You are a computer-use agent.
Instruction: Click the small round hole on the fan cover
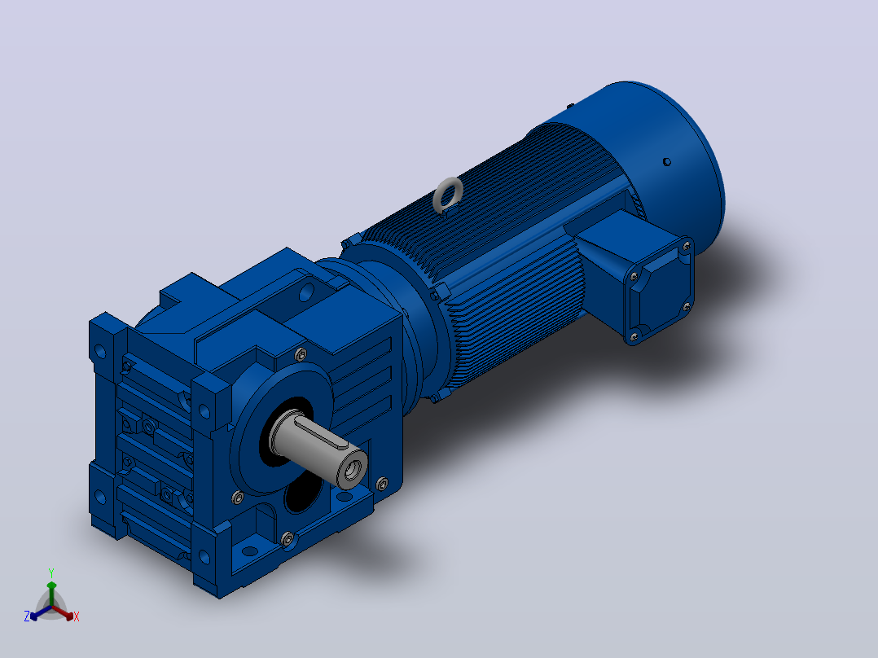[x=667, y=162]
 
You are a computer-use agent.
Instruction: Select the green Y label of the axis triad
[x=51, y=572]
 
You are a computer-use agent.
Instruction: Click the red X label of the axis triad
[x=77, y=616]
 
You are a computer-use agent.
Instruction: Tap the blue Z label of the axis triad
[x=27, y=616]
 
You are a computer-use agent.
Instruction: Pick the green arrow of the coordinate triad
[x=51, y=594]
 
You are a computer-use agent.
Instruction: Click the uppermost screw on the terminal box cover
[x=687, y=246]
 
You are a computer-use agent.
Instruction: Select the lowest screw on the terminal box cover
[x=634, y=336]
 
